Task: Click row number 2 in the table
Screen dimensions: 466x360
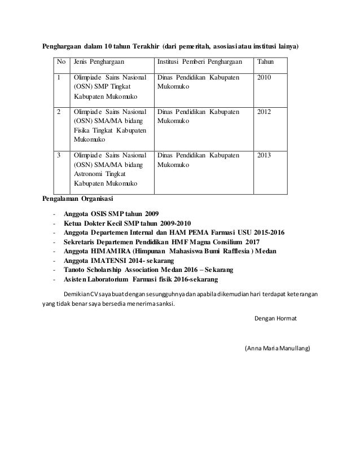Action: point(59,112)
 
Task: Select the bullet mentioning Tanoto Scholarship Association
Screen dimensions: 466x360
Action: point(141,270)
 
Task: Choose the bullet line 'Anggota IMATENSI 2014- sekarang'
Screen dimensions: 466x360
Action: point(119,260)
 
